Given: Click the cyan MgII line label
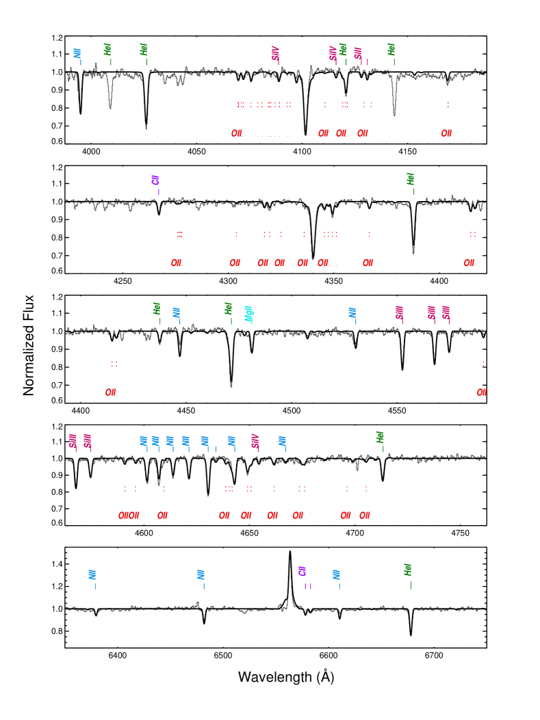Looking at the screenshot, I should [x=249, y=314].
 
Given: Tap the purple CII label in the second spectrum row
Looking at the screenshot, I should [x=155, y=181].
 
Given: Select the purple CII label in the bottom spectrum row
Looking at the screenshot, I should [x=302, y=572].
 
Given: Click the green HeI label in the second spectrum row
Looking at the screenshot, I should [x=411, y=179].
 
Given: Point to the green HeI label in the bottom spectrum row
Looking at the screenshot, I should [x=408, y=570].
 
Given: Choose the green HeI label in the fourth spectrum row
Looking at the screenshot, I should [x=380, y=437].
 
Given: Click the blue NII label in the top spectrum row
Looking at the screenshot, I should [x=77, y=53].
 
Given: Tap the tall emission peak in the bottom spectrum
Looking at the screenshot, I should [x=290, y=581].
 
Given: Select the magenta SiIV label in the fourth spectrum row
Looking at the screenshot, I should [x=255, y=441].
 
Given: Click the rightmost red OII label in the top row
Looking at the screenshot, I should [x=446, y=133].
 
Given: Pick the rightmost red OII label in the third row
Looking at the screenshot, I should [x=481, y=392].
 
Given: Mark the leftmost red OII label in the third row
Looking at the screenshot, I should [x=111, y=392].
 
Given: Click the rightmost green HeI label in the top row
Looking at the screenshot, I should [x=391, y=49].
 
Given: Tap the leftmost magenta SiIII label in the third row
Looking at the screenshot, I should [x=399, y=312].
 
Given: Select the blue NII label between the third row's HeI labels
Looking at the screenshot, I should [x=177, y=312].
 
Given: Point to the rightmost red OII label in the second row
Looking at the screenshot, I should [x=470, y=263].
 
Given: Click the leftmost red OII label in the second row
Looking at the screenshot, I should [x=177, y=263].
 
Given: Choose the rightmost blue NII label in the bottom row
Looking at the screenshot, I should [x=337, y=574].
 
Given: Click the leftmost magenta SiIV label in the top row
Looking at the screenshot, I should [x=276, y=53].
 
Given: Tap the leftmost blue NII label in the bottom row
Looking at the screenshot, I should [x=92, y=574].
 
